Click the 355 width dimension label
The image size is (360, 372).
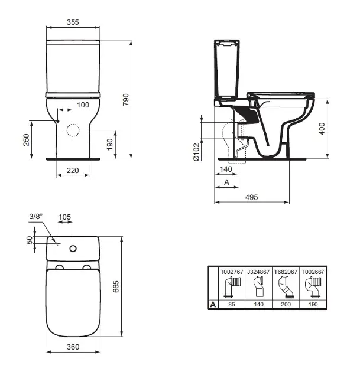[73, 22]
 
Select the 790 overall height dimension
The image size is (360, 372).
[126, 99]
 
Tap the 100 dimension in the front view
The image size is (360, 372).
[83, 105]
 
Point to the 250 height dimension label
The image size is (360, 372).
[27, 140]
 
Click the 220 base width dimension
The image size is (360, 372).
[73, 170]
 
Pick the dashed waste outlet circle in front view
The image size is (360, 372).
[73, 130]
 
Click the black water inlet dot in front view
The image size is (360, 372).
[58, 121]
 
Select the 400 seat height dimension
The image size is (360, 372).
[322, 129]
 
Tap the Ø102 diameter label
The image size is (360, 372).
[197, 152]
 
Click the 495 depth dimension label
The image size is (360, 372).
[251, 197]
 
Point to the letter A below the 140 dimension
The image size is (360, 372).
[227, 182]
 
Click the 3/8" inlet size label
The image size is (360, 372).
[36, 216]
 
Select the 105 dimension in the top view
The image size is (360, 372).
[64, 217]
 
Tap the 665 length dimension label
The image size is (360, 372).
[116, 286]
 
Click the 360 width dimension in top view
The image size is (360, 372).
[73, 347]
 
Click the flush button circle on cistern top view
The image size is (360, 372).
[73, 249]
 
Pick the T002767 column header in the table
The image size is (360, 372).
[232, 272]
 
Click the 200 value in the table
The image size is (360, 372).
[286, 304]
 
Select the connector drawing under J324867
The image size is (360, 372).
[258, 288]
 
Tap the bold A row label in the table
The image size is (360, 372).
[213, 304]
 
